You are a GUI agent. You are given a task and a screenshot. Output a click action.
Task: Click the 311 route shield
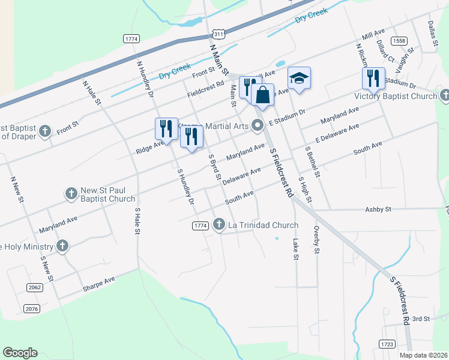(219, 35)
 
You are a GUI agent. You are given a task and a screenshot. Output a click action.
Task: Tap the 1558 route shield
(399, 40)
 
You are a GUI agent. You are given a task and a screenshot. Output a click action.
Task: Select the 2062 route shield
(35, 287)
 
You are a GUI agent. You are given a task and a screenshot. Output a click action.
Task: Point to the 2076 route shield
(32, 308)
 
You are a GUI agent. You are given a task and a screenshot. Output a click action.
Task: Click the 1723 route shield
(387, 344)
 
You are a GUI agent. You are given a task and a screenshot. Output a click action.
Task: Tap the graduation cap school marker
(299, 78)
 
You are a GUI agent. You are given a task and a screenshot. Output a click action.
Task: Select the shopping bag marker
(262, 94)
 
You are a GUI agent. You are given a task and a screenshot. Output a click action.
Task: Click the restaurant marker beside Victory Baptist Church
(373, 78)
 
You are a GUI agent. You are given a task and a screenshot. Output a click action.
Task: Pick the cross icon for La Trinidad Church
(219, 224)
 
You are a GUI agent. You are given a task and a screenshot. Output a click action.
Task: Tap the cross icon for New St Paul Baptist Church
(71, 193)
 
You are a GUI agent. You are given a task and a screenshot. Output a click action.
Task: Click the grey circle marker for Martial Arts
(258, 125)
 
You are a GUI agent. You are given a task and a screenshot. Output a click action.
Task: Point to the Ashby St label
(378, 209)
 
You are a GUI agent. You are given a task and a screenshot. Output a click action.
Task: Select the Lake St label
(295, 248)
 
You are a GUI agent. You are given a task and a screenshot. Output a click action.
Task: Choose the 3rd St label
(421, 319)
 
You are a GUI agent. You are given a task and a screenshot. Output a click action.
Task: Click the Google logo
(20, 353)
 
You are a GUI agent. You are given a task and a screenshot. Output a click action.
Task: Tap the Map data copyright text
(423, 355)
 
